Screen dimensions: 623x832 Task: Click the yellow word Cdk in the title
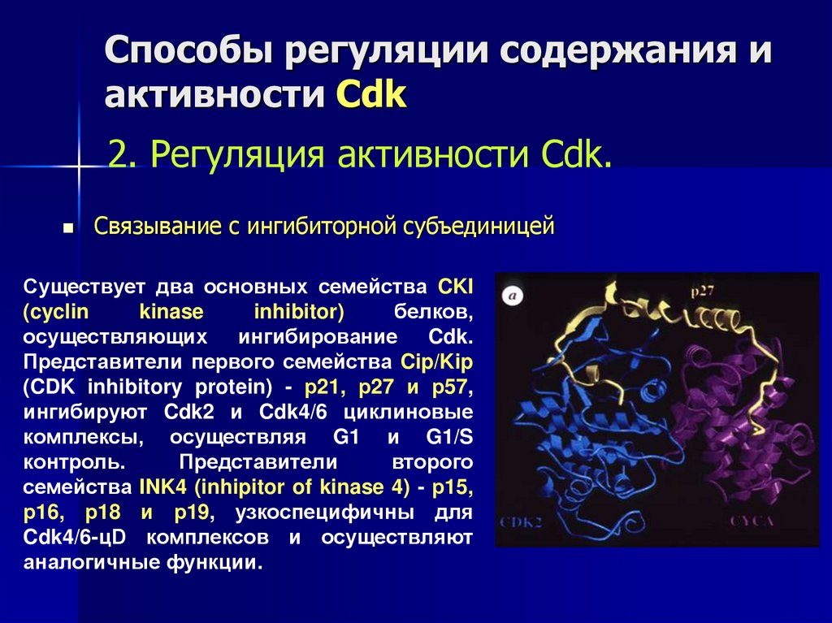371,96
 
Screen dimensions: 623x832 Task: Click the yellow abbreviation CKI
455,288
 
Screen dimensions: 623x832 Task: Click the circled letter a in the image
513,296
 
